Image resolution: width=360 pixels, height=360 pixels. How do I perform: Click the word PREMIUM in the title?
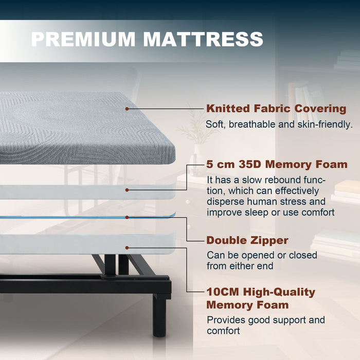point(82,39)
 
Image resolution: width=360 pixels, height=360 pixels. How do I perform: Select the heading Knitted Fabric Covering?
point(276,109)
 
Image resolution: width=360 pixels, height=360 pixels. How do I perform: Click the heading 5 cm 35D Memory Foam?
point(277,165)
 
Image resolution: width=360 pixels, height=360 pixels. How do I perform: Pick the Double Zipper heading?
point(247,240)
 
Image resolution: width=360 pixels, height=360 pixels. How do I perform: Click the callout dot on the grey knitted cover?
point(127,109)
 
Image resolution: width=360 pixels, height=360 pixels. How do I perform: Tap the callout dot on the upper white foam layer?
point(127,189)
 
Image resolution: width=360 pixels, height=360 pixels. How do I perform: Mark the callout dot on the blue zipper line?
point(127,217)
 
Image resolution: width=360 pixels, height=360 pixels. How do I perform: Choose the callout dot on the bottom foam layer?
point(127,247)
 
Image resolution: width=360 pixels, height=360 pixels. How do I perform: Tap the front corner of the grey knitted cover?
point(172,149)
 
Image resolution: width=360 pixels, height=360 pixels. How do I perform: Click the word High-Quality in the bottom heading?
point(283,292)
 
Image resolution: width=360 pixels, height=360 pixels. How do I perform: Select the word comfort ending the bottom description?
point(223,331)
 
